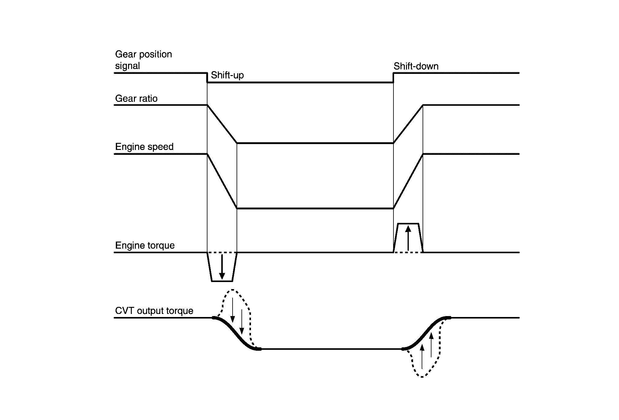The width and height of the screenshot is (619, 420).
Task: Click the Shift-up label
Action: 227,75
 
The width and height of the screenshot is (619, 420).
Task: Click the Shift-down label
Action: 416,66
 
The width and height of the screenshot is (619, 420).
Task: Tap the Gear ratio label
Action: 136,98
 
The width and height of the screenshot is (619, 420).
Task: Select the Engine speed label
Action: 144,147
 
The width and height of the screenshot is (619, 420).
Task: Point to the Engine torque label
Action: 145,246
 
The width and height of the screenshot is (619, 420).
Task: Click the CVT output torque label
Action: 154,311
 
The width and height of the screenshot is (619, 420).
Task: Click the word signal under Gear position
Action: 127,66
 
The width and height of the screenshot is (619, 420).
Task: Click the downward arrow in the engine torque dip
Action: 222,266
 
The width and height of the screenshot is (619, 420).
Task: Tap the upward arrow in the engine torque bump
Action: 408,238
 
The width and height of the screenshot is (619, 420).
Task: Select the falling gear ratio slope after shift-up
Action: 222,124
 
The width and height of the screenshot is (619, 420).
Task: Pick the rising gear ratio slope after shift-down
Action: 408,124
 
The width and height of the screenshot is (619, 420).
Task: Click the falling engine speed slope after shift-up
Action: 222,181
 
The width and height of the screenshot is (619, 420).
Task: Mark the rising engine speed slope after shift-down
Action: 408,181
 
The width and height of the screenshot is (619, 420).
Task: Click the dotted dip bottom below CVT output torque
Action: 422,377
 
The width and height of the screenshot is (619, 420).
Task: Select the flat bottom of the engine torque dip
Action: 222,281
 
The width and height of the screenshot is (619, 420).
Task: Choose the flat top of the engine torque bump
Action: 408,224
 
